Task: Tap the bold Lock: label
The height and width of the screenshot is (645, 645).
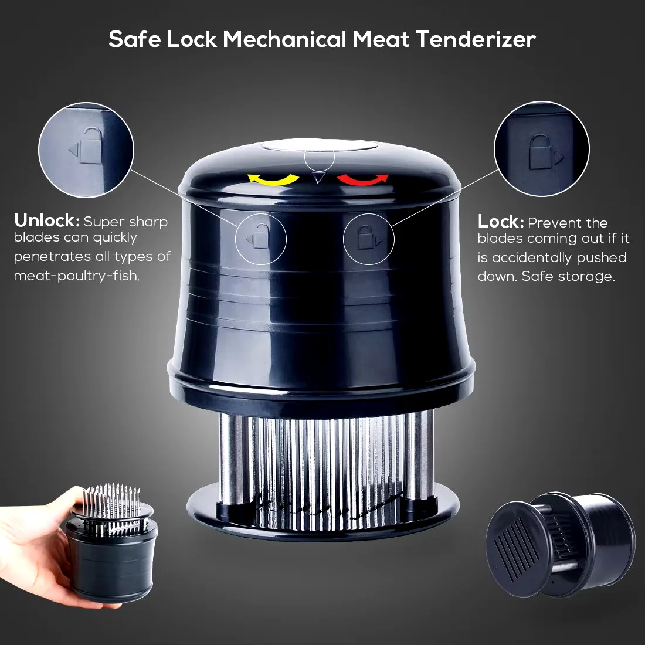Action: tap(501, 221)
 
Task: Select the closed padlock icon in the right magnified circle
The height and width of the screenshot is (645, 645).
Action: tap(539, 152)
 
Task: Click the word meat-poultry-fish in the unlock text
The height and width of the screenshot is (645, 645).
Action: tap(77, 276)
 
